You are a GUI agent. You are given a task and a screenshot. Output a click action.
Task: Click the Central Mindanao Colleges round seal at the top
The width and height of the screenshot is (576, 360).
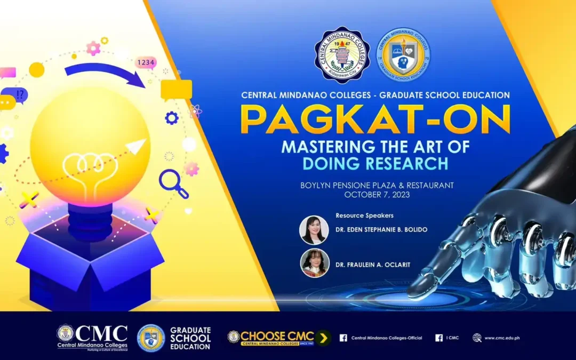click(342, 55)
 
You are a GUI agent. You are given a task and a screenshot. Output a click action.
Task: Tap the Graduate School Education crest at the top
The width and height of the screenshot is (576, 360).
click(404, 55)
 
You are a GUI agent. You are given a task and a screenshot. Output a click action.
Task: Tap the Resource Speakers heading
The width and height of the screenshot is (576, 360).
click(364, 215)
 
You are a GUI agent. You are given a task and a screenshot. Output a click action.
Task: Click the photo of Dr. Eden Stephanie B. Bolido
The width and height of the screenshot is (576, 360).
click(314, 230)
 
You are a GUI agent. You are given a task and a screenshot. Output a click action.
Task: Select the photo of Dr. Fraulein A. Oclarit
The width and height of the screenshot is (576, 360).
click(314, 263)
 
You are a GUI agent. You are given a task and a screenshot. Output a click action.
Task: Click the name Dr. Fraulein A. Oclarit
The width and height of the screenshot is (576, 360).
click(373, 265)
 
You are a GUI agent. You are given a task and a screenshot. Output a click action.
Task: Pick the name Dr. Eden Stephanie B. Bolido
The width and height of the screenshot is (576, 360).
click(381, 229)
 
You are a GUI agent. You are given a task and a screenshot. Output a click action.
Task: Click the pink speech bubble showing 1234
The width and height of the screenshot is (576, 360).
click(146, 63)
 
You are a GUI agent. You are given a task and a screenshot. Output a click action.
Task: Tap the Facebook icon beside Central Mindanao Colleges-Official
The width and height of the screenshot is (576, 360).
click(343, 338)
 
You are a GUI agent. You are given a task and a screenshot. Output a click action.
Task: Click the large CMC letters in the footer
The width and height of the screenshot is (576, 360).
click(101, 333)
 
